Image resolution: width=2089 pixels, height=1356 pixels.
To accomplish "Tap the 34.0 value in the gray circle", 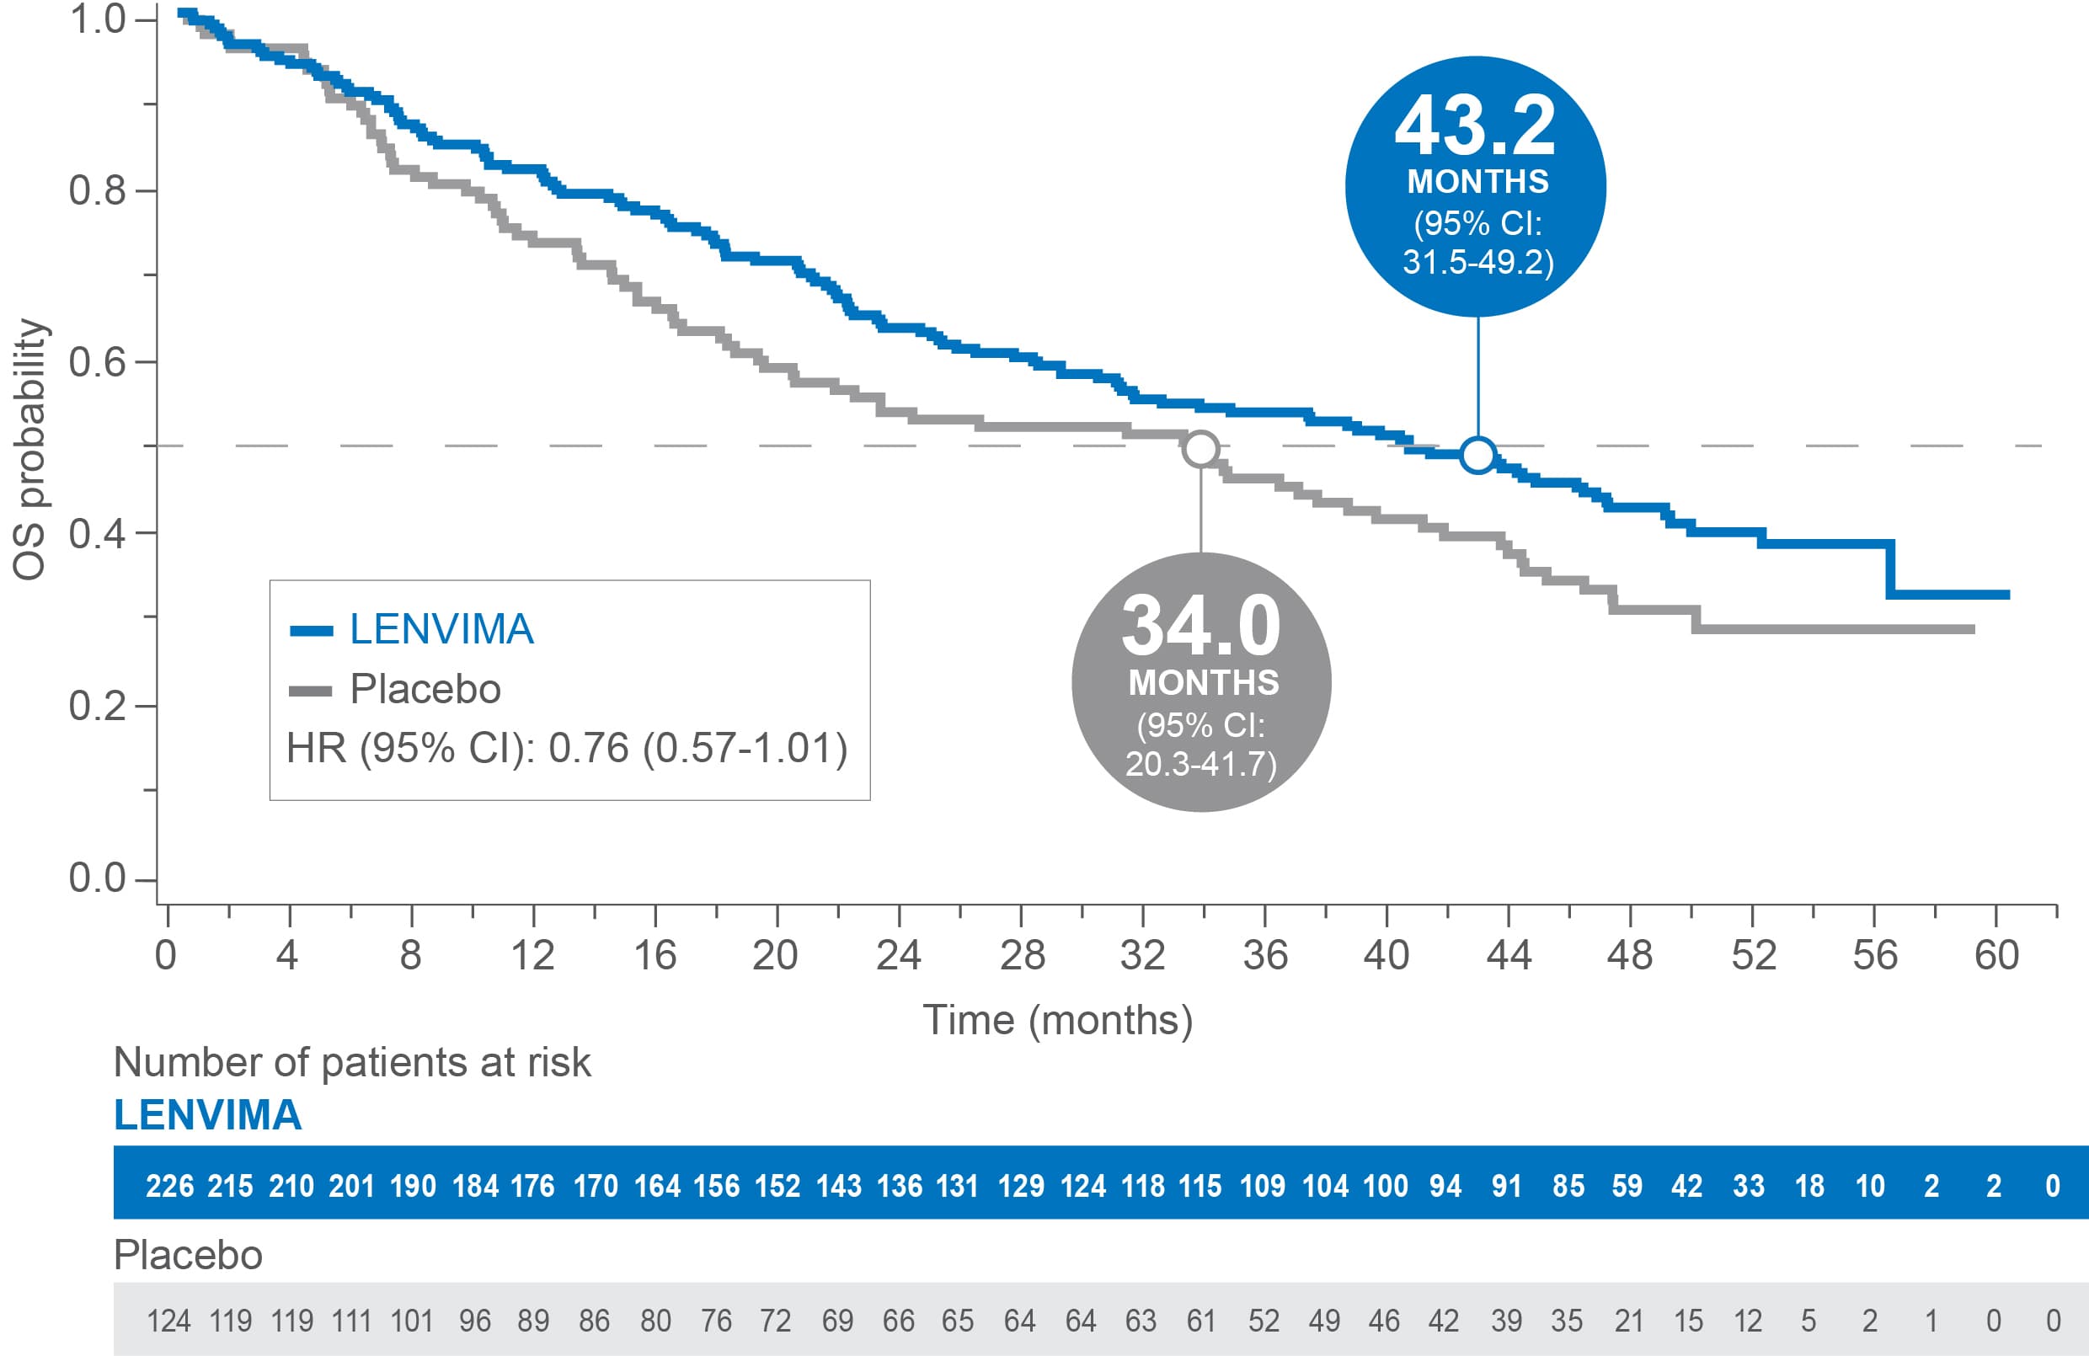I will [1200, 626].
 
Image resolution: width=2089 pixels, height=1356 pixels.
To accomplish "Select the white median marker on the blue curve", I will [1478, 455].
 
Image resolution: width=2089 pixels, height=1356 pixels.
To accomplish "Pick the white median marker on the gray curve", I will [1200, 448].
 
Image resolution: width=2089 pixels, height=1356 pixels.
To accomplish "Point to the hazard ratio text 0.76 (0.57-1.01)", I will [697, 749].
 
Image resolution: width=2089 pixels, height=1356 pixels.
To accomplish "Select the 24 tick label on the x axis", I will [899, 956].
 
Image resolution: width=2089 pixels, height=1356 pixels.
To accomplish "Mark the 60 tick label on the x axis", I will [1996, 956].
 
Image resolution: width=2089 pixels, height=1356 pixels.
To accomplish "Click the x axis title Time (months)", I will [1058, 1020].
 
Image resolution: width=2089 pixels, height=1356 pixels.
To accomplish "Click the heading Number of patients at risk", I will [352, 1062].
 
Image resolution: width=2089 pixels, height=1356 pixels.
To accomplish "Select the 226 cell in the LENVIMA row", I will [169, 1187].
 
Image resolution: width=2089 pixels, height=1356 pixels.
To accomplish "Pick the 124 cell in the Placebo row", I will [168, 1321].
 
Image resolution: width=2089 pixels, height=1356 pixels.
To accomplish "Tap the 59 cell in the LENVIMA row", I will [1627, 1187].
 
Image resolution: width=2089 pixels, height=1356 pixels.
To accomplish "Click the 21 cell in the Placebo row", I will [1628, 1321].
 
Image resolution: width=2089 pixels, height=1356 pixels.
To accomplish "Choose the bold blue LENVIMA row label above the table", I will [208, 1115].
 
